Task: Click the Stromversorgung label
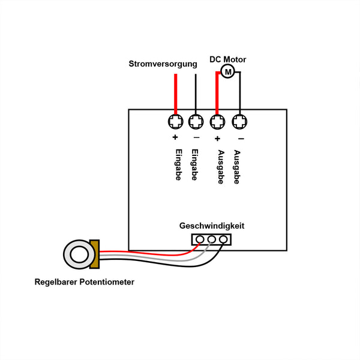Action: [163, 64]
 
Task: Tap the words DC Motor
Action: [227, 59]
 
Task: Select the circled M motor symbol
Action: [227, 72]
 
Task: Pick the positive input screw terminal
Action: [175, 122]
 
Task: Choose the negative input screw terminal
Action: [196, 122]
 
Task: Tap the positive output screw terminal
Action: [217, 122]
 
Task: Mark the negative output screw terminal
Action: [239, 122]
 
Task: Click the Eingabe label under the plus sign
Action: [178, 164]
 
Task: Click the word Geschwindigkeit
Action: [212, 226]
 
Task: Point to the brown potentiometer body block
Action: [94, 254]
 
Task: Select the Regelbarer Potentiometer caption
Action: [85, 282]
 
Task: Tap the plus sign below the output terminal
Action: [217, 139]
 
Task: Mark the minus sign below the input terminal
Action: [196, 139]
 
